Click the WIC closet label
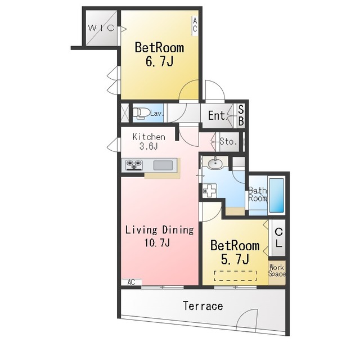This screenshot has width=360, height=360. click(x=101, y=28)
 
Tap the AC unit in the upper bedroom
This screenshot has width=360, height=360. click(x=195, y=26)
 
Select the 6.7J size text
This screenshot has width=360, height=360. click(x=159, y=61)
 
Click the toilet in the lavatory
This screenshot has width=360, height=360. click(x=140, y=114)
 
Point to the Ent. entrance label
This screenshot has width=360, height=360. click(x=218, y=115)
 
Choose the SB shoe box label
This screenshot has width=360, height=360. click(x=241, y=115)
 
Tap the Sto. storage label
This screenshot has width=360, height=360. click(x=228, y=141)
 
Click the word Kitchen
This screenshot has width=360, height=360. click(x=148, y=137)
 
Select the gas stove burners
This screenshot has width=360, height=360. click(x=134, y=165)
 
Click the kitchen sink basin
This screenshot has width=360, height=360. click(x=163, y=165)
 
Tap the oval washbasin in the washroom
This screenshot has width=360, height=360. click(x=215, y=164)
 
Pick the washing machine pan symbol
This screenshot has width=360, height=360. click(x=210, y=190)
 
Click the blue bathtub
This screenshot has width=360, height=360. click(x=276, y=195)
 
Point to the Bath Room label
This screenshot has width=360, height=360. click(x=258, y=194)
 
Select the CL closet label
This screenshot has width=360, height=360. click(x=278, y=238)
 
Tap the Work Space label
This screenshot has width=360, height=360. click(x=277, y=271)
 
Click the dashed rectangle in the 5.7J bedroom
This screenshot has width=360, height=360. click(x=235, y=276)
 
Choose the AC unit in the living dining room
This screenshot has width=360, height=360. click(x=131, y=282)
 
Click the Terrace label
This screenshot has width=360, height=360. click(x=203, y=306)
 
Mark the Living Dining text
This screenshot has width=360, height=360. click(x=160, y=230)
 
